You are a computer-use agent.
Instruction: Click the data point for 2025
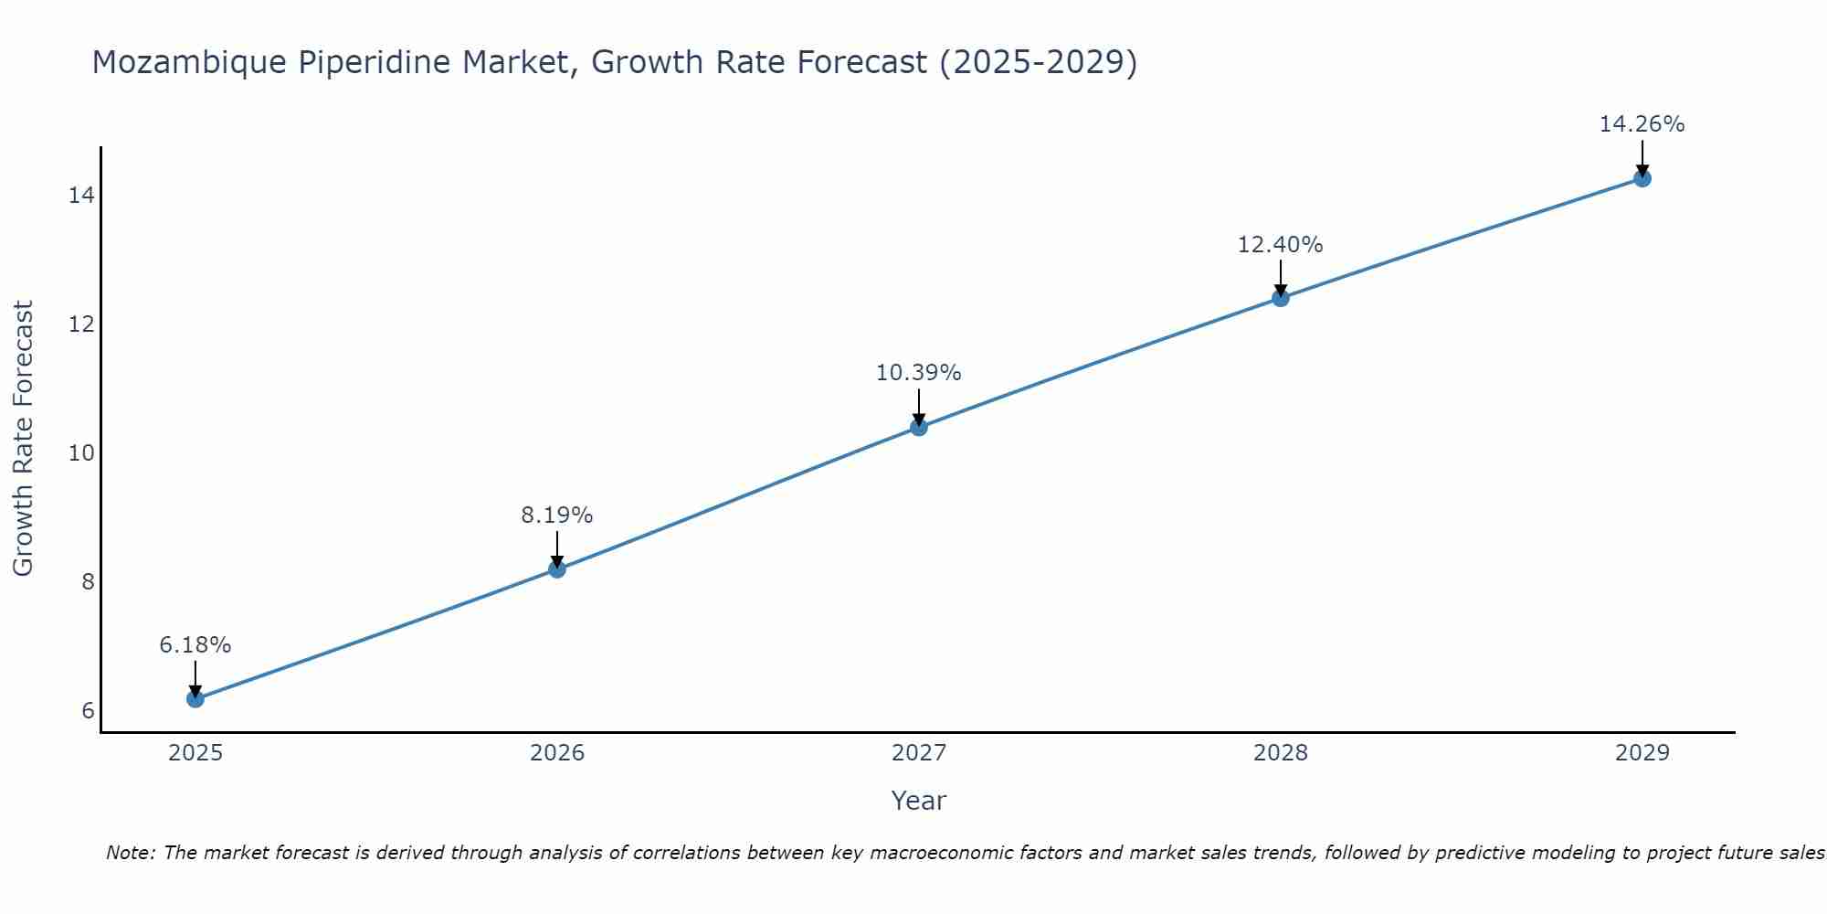195,699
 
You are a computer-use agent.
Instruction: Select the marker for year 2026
556,569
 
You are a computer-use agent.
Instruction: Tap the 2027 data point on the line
919,427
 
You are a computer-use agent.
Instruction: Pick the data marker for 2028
1281,298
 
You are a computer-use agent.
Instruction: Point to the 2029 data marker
1642,178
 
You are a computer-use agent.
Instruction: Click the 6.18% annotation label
195,645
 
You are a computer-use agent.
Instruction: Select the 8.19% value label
556,515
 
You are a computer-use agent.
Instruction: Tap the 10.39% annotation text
918,373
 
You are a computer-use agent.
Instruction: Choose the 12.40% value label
1280,245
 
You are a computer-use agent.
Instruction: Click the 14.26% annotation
1642,124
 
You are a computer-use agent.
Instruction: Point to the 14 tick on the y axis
81,196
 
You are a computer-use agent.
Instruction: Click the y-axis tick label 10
81,453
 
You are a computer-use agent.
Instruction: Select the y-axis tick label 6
88,711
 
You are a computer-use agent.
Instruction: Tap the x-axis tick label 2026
557,753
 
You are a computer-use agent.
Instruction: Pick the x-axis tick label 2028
1281,753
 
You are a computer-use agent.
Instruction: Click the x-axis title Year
918,801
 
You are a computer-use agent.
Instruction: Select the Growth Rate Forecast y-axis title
24,439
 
